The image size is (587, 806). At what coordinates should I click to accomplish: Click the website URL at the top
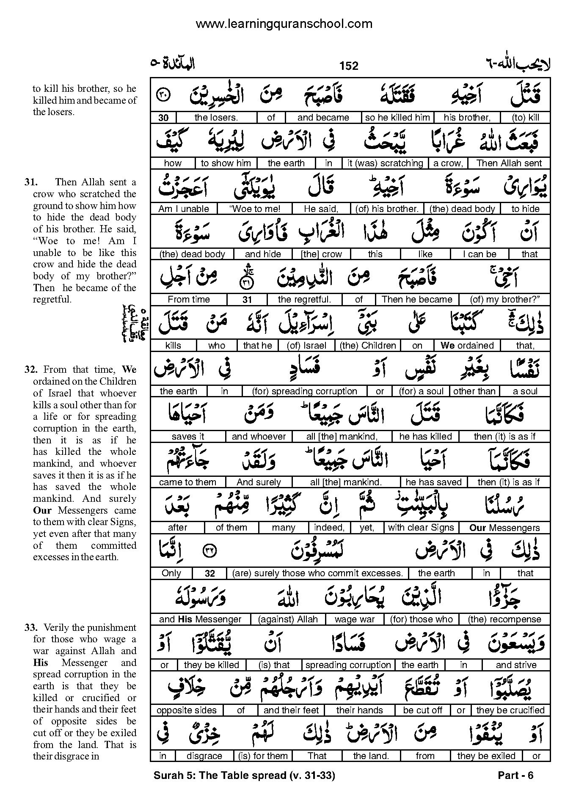pyautogui.click(x=284, y=24)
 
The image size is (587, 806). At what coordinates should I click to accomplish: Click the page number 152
pyautogui.click(x=348, y=66)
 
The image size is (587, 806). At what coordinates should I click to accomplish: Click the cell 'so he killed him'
pyautogui.click(x=397, y=118)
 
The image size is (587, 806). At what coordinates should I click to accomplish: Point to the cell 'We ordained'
pyautogui.click(x=467, y=346)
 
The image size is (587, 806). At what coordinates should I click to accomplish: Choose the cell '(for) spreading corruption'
pyautogui.click(x=304, y=391)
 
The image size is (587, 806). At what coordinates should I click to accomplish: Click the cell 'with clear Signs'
pyautogui.click(x=421, y=528)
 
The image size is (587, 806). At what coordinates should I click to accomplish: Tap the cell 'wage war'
pyautogui.click(x=355, y=619)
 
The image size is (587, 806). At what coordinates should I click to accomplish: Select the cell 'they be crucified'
pyautogui.click(x=510, y=710)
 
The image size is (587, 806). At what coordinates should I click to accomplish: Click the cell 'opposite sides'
pyautogui.click(x=187, y=710)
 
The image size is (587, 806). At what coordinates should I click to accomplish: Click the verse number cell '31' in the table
pyautogui.click(x=247, y=300)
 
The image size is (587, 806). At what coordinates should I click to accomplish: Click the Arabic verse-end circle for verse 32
pyautogui.click(x=209, y=551)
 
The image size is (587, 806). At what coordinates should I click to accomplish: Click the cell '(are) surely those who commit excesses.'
pyautogui.click(x=317, y=573)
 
